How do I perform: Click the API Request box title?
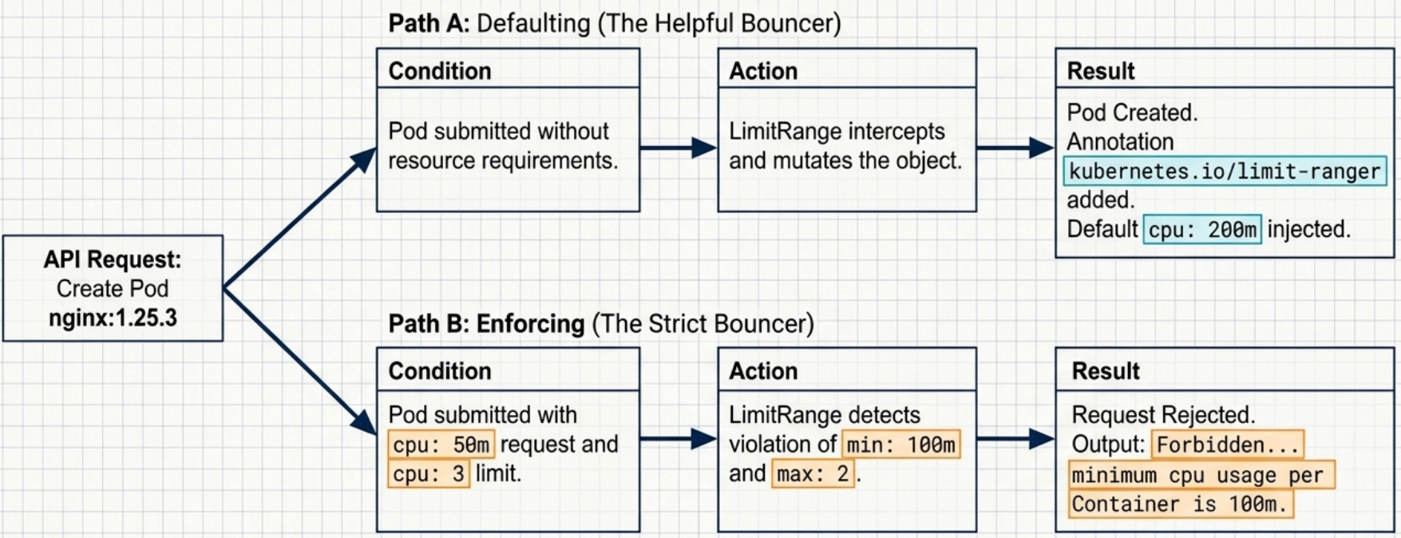coord(113,259)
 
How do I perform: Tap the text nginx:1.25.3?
coord(113,318)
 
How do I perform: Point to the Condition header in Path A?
coord(440,71)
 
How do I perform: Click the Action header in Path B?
coord(763,371)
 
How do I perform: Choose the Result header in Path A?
coord(1101,71)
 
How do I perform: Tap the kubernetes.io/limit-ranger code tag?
coord(1225,171)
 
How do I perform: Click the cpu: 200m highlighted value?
coord(1202,229)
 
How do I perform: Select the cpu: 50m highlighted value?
coord(441,444)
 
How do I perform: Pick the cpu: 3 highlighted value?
coord(429,473)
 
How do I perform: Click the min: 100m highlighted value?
coord(901,444)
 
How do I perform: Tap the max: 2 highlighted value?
coord(813,473)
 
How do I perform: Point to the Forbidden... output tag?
coord(1228,444)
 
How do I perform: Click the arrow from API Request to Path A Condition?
coord(299,217)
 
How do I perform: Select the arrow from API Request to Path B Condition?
coord(299,362)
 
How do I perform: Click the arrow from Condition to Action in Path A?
coord(679,148)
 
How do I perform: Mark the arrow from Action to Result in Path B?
coord(1015,438)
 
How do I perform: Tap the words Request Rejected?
coord(1163,415)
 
